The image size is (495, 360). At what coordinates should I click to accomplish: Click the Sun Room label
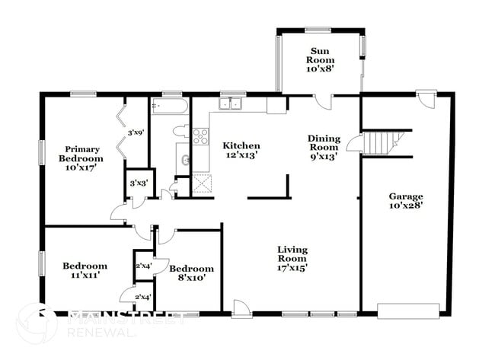click(x=321, y=59)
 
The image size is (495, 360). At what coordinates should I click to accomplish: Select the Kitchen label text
click(x=241, y=151)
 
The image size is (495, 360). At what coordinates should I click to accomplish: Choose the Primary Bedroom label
click(x=81, y=158)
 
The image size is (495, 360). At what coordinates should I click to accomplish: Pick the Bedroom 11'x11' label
click(x=85, y=271)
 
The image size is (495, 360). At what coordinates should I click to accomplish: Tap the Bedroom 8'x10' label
click(x=191, y=273)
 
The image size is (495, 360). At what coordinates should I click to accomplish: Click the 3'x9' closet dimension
click(x=136, y=132)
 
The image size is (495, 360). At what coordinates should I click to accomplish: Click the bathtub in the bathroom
click(x=169, y=106)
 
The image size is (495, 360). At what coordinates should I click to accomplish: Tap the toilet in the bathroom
click(x=180, y=131)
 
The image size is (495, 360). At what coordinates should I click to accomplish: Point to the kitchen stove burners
click(x=200, y=137)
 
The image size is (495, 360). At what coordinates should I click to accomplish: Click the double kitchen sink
click(x=232, y=104)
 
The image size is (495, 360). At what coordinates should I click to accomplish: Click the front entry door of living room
click(x=241, y=308)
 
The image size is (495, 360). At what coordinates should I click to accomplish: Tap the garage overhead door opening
click(x=408, y=311)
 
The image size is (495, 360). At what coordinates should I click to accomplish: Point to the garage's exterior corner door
click(x=426, y=100)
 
